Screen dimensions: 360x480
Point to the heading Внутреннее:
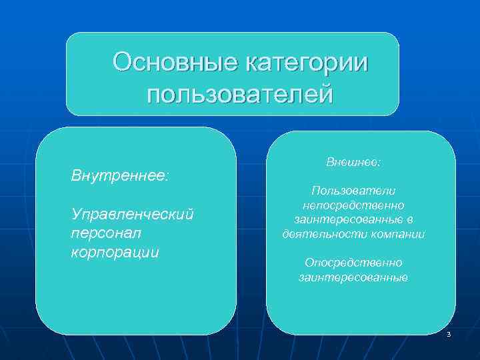120,177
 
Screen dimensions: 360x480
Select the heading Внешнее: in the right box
353,162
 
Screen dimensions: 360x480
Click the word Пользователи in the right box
353,191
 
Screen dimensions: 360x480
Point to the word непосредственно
353,205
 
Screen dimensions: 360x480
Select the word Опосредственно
353,263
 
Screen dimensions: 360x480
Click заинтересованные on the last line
353,277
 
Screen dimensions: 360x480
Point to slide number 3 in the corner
449,333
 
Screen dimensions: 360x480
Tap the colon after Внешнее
379,163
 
